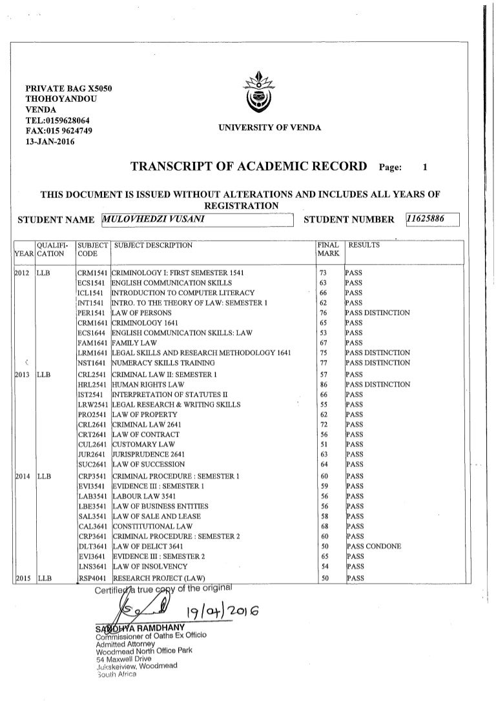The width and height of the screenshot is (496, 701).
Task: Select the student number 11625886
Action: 431,219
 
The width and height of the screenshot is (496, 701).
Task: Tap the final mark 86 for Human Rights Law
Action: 324,385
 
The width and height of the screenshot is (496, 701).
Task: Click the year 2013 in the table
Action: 23,375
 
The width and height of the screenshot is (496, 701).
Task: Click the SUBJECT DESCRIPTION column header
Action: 153,246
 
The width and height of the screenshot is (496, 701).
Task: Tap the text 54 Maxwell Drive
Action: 123,658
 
